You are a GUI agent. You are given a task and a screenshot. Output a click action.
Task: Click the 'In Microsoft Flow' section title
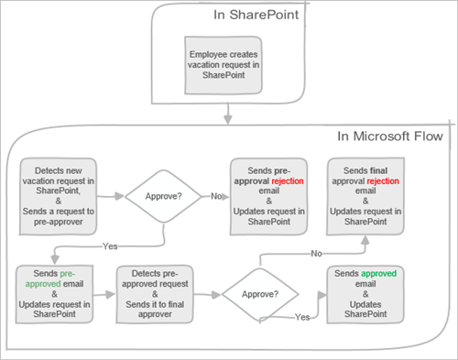tap(391, 137)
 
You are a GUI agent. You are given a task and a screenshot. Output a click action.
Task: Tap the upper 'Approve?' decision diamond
tap(162, 196)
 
